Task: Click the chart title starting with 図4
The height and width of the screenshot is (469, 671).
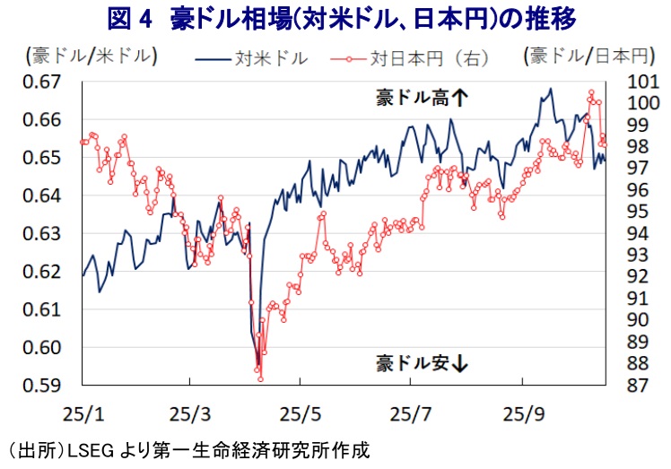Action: pyautogui.click(x=335, y=18)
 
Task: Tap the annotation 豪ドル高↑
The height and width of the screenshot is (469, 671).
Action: pyautogui.click(x=421, y=100)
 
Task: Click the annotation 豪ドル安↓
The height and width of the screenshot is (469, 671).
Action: pyautogui.click(x=423, y=363)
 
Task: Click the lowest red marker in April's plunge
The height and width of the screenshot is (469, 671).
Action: pyautogui.click(x=260, y=379)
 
